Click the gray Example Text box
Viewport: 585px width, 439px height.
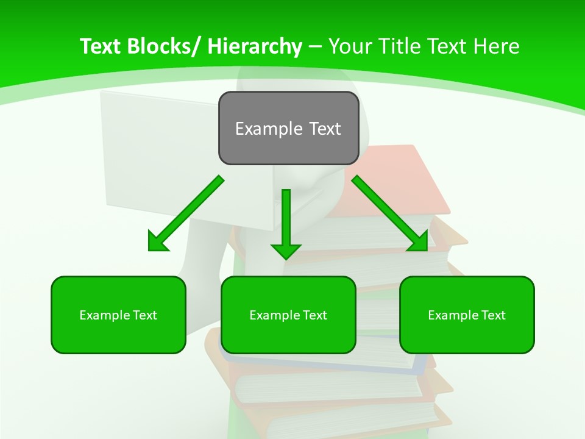point(288,128)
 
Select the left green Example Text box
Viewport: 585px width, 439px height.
point(118,315)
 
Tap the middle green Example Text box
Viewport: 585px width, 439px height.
point(288,315)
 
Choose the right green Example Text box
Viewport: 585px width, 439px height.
point(467,315)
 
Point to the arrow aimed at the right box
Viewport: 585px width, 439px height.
point(390,213)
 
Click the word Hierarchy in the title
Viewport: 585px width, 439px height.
point(255,46)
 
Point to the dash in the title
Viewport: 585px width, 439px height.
point(315,46)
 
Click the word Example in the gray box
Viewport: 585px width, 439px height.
point(269,129)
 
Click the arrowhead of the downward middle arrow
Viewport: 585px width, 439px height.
point(286,251)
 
